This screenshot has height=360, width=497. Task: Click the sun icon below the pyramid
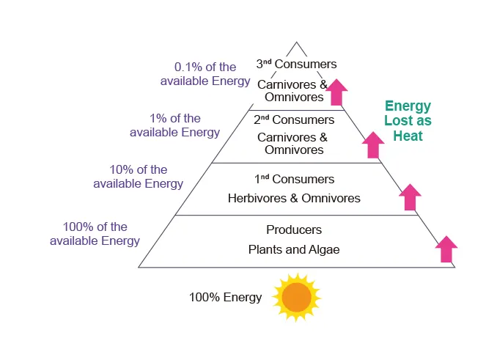click(297, 298)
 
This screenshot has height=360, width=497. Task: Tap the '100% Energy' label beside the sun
click(225, 298)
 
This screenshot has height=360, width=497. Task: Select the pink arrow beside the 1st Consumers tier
click(410, 197)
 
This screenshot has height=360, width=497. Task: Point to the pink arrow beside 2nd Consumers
click(374, 144)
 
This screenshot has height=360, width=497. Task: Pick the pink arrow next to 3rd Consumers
click(336, 92)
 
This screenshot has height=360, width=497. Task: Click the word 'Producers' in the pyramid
click(294, 230)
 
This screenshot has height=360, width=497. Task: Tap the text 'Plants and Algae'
click(294, 250)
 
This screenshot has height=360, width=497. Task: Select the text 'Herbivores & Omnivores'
click(294, 198)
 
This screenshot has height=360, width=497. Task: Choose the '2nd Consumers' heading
click(294, 120)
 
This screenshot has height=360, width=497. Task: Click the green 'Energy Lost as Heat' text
click(408, 121)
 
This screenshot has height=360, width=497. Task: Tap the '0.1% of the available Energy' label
click(205, 73)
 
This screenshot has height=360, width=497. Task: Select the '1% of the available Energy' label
click(174, 125)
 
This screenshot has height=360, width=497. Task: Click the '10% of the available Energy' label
click(138, 176)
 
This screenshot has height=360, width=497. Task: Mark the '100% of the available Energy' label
click(95, 234)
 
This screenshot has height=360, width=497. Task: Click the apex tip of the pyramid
click(296, 43)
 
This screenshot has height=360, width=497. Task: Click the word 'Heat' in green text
click(408, 136)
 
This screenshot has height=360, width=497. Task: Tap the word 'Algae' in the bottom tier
click(324, 250)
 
